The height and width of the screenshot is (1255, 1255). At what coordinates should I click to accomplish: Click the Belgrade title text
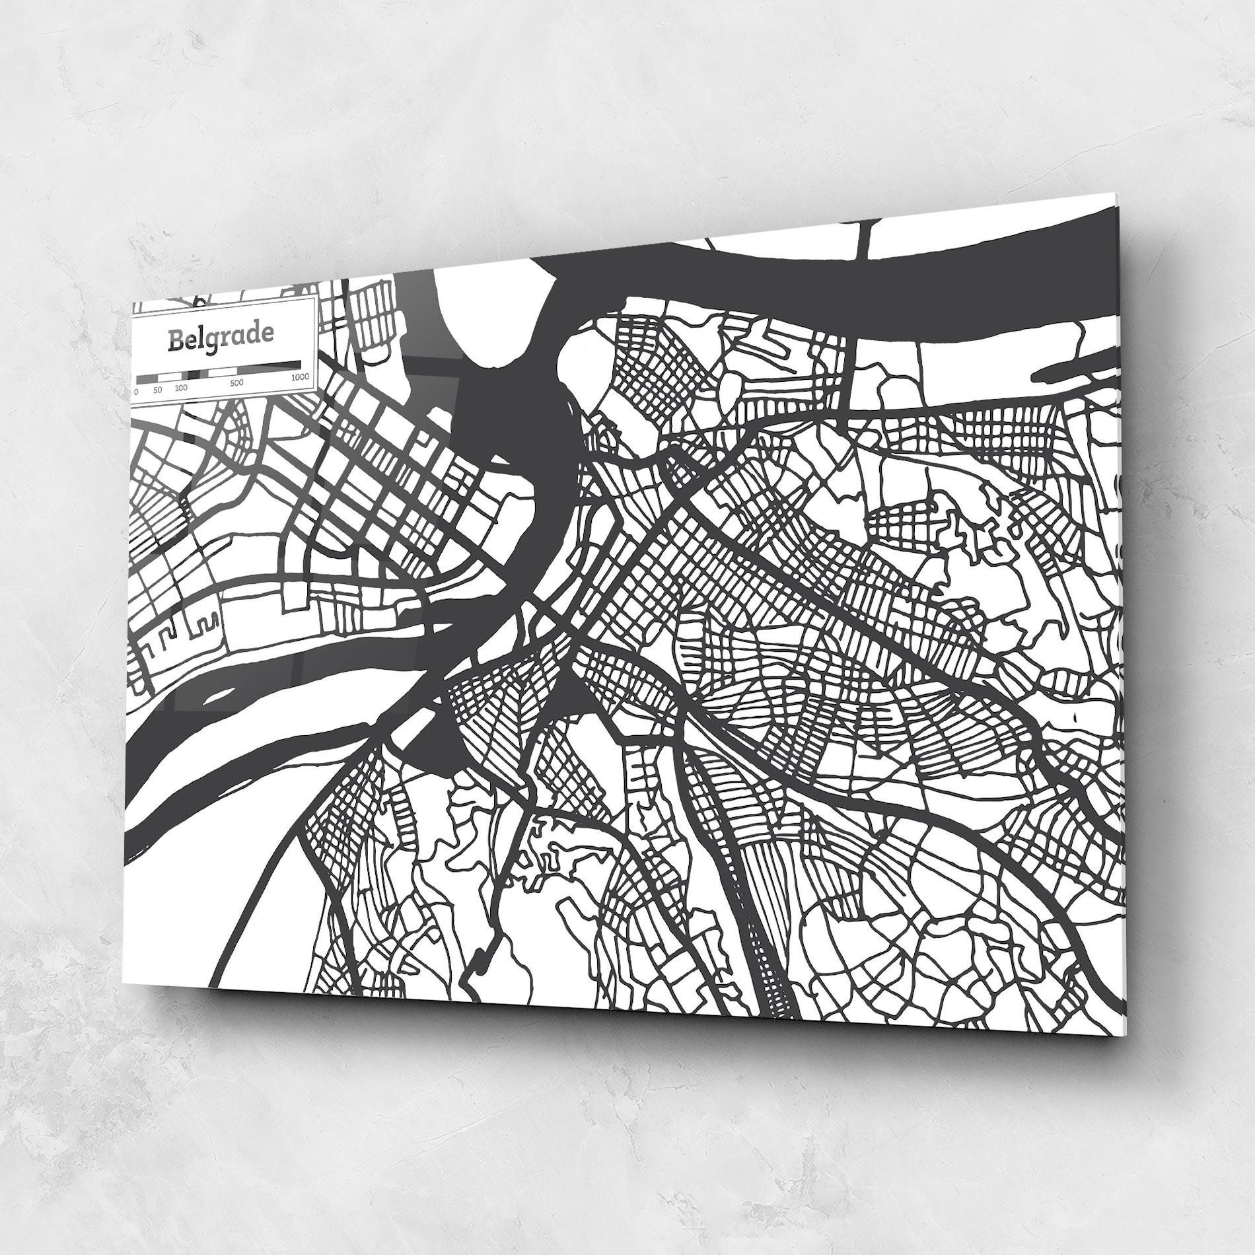click(220, 336)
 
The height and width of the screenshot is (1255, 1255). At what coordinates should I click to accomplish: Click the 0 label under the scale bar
click(136, 391)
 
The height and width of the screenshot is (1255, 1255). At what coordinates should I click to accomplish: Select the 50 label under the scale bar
click(157, 390)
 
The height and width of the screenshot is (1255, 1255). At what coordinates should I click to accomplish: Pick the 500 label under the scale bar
click(236, 382)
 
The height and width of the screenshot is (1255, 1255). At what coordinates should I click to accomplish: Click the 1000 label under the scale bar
click(299, 377)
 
